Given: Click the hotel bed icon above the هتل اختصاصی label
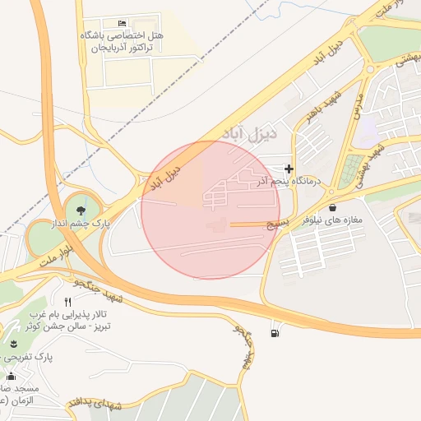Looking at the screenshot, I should tap(123, 21).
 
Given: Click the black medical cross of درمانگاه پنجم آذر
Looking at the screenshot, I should tap(289, 169).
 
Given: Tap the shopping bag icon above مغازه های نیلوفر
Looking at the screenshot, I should tap(332, 208).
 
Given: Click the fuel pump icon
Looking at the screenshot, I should tap(274, 333).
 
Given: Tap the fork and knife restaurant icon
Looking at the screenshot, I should tap(67, 302).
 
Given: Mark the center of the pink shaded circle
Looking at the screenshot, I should tap(210, 210).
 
